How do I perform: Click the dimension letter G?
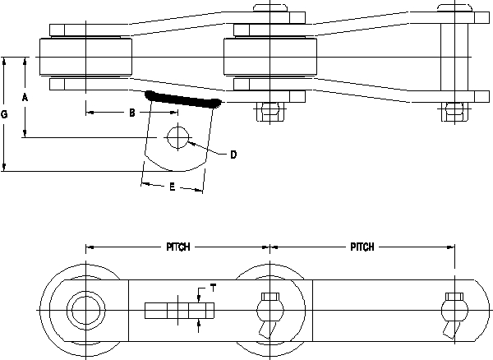tap(5, 116)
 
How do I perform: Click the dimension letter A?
tap(25, 97)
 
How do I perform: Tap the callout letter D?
tap(233, 155)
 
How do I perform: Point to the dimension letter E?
tap(171, 187)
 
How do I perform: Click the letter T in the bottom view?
tap(214, 287)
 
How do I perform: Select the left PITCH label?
tap(178, 247)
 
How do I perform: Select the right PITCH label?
tap(362, 247)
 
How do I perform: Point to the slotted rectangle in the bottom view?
tap(179, 311)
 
